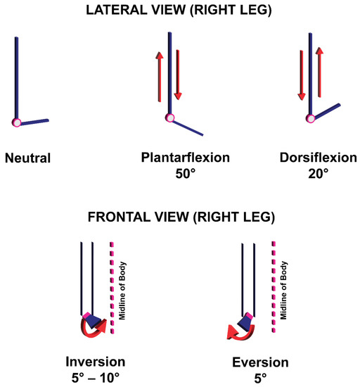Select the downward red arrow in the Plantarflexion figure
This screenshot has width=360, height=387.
[x=178, y=74]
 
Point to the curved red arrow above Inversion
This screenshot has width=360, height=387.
[x=89, y=328]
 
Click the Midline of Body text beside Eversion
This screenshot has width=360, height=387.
[x=283, y=288]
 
